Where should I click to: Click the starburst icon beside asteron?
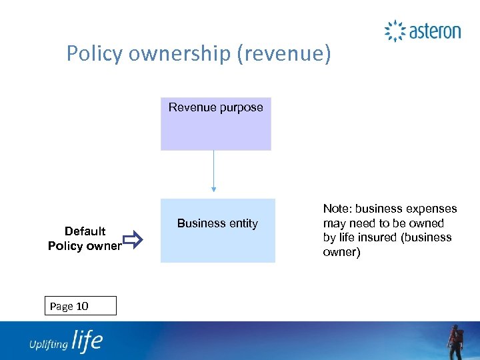pos(395,31)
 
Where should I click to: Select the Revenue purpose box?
pos(215,123)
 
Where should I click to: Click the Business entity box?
pos(217,231)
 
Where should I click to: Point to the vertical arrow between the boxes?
pos(214,174)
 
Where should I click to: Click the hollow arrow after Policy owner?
pos(133,239)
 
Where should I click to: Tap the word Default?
pos(85,231)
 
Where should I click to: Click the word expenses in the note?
pos(433,209)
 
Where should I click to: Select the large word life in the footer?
pos(87,341)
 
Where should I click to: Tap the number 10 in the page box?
pos(82,307)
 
